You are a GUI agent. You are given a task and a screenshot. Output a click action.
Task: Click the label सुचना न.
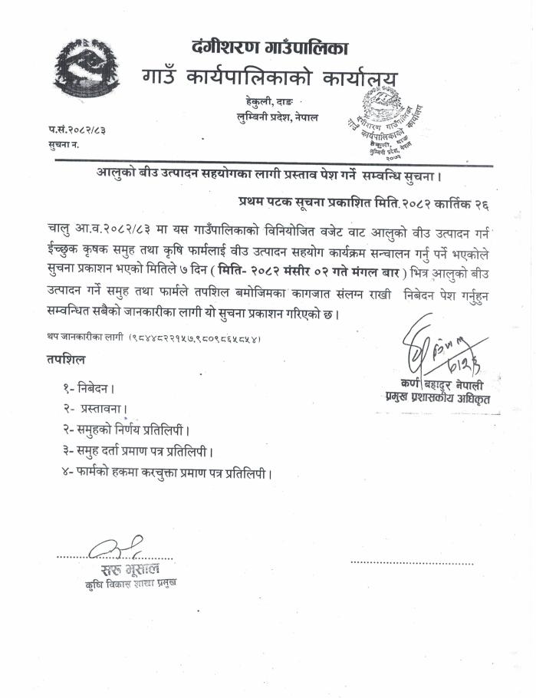(x=64, y=144)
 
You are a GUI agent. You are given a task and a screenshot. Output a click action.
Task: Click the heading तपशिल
(x=66, y=359)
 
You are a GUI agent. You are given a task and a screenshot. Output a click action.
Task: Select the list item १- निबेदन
(x=90, y=389)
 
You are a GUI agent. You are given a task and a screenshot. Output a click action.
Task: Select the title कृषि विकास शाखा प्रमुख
(x=130, y=584)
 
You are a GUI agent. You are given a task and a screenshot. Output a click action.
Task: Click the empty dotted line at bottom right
(x=412, y=562)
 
